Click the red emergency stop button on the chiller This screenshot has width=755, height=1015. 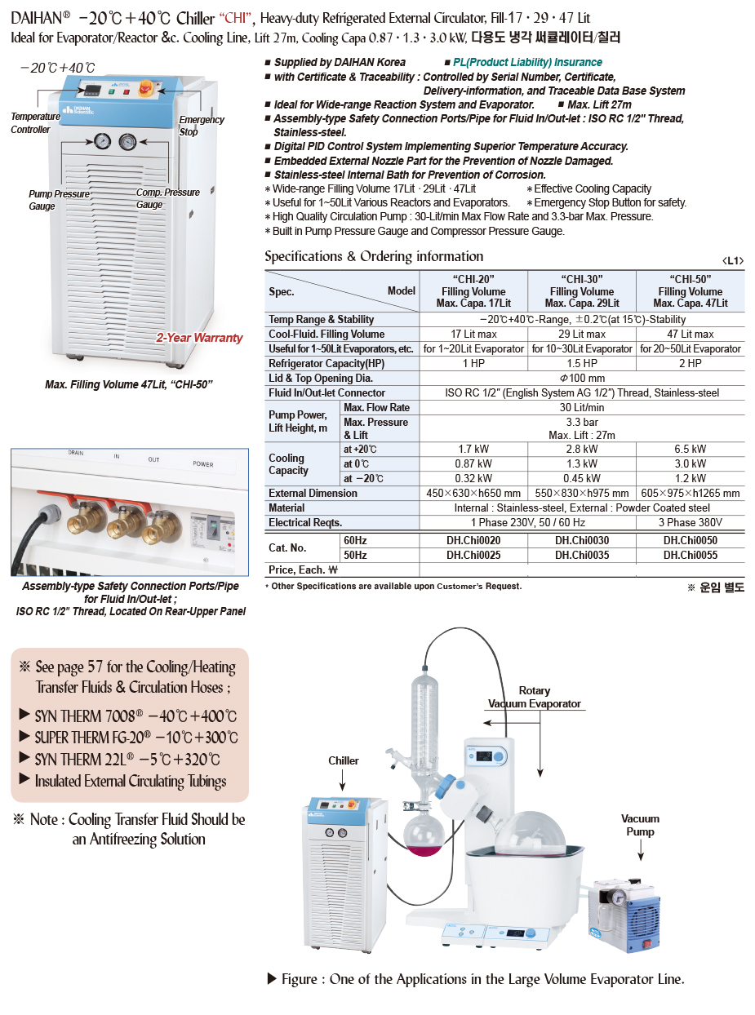click(149, 87)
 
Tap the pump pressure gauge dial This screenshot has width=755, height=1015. click(100, 141)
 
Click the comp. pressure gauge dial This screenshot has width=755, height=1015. click(128, 141)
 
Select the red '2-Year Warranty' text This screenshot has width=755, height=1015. click(200, 338)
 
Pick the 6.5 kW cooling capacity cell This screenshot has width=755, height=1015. click(690, 450)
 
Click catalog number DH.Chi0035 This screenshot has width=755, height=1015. click(581, 556)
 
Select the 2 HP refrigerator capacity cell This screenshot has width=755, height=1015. click(690, 363)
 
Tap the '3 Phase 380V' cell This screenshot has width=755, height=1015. click(690, 522)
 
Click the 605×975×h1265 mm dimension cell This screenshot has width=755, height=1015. click(690, 493)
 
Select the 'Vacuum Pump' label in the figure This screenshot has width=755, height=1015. click(640, 825)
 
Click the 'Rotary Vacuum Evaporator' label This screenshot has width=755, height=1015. click(535, 697)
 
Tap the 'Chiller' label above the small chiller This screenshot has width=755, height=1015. click(344, 760)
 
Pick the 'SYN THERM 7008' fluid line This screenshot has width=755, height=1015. click(135, 716)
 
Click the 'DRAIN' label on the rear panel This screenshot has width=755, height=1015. click(76, 452)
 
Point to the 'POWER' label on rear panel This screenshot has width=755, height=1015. click(203, 464)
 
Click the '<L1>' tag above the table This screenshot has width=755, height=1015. click(733, 260)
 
